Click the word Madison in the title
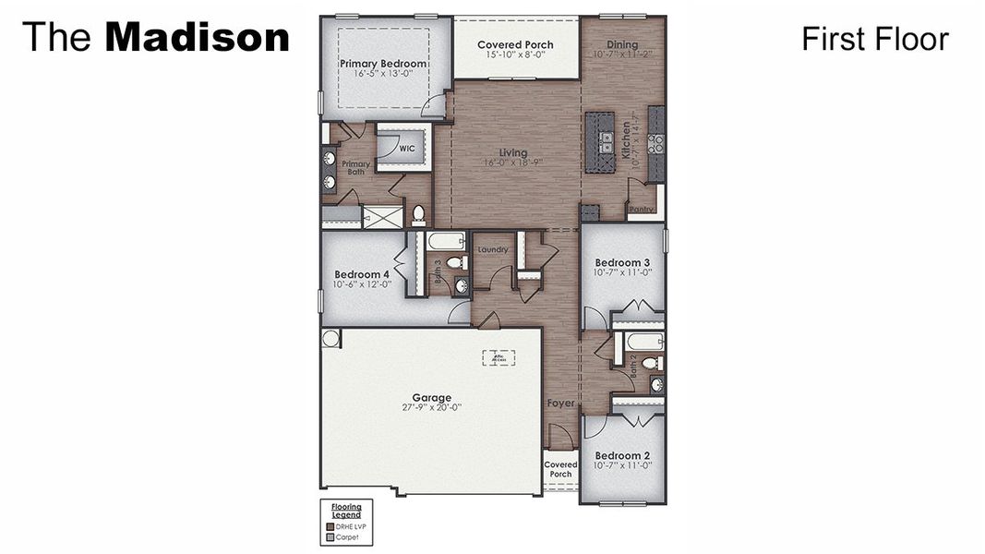click(x=198, y=38)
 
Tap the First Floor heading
click(x=874, y=39)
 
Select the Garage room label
click(x=431, y=398)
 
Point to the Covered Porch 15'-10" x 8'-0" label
click(x=515, y=44)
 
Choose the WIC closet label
click(x=407, y=148)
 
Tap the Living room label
click(x=513, y=153)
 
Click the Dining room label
click(x=622, y=44)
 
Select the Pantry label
click(x=641, y=210)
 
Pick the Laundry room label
click(x=492, y=249)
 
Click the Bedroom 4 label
click(x=362, y=274)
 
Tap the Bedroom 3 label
click(x=622, y=262)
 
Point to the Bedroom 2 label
click(x=622, y=455)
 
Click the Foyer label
click(x=560, y=403)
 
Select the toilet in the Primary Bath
click(x=418, y=215)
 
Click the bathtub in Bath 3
click(x=447, y=242)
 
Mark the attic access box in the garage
click(x=499, y=357)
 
